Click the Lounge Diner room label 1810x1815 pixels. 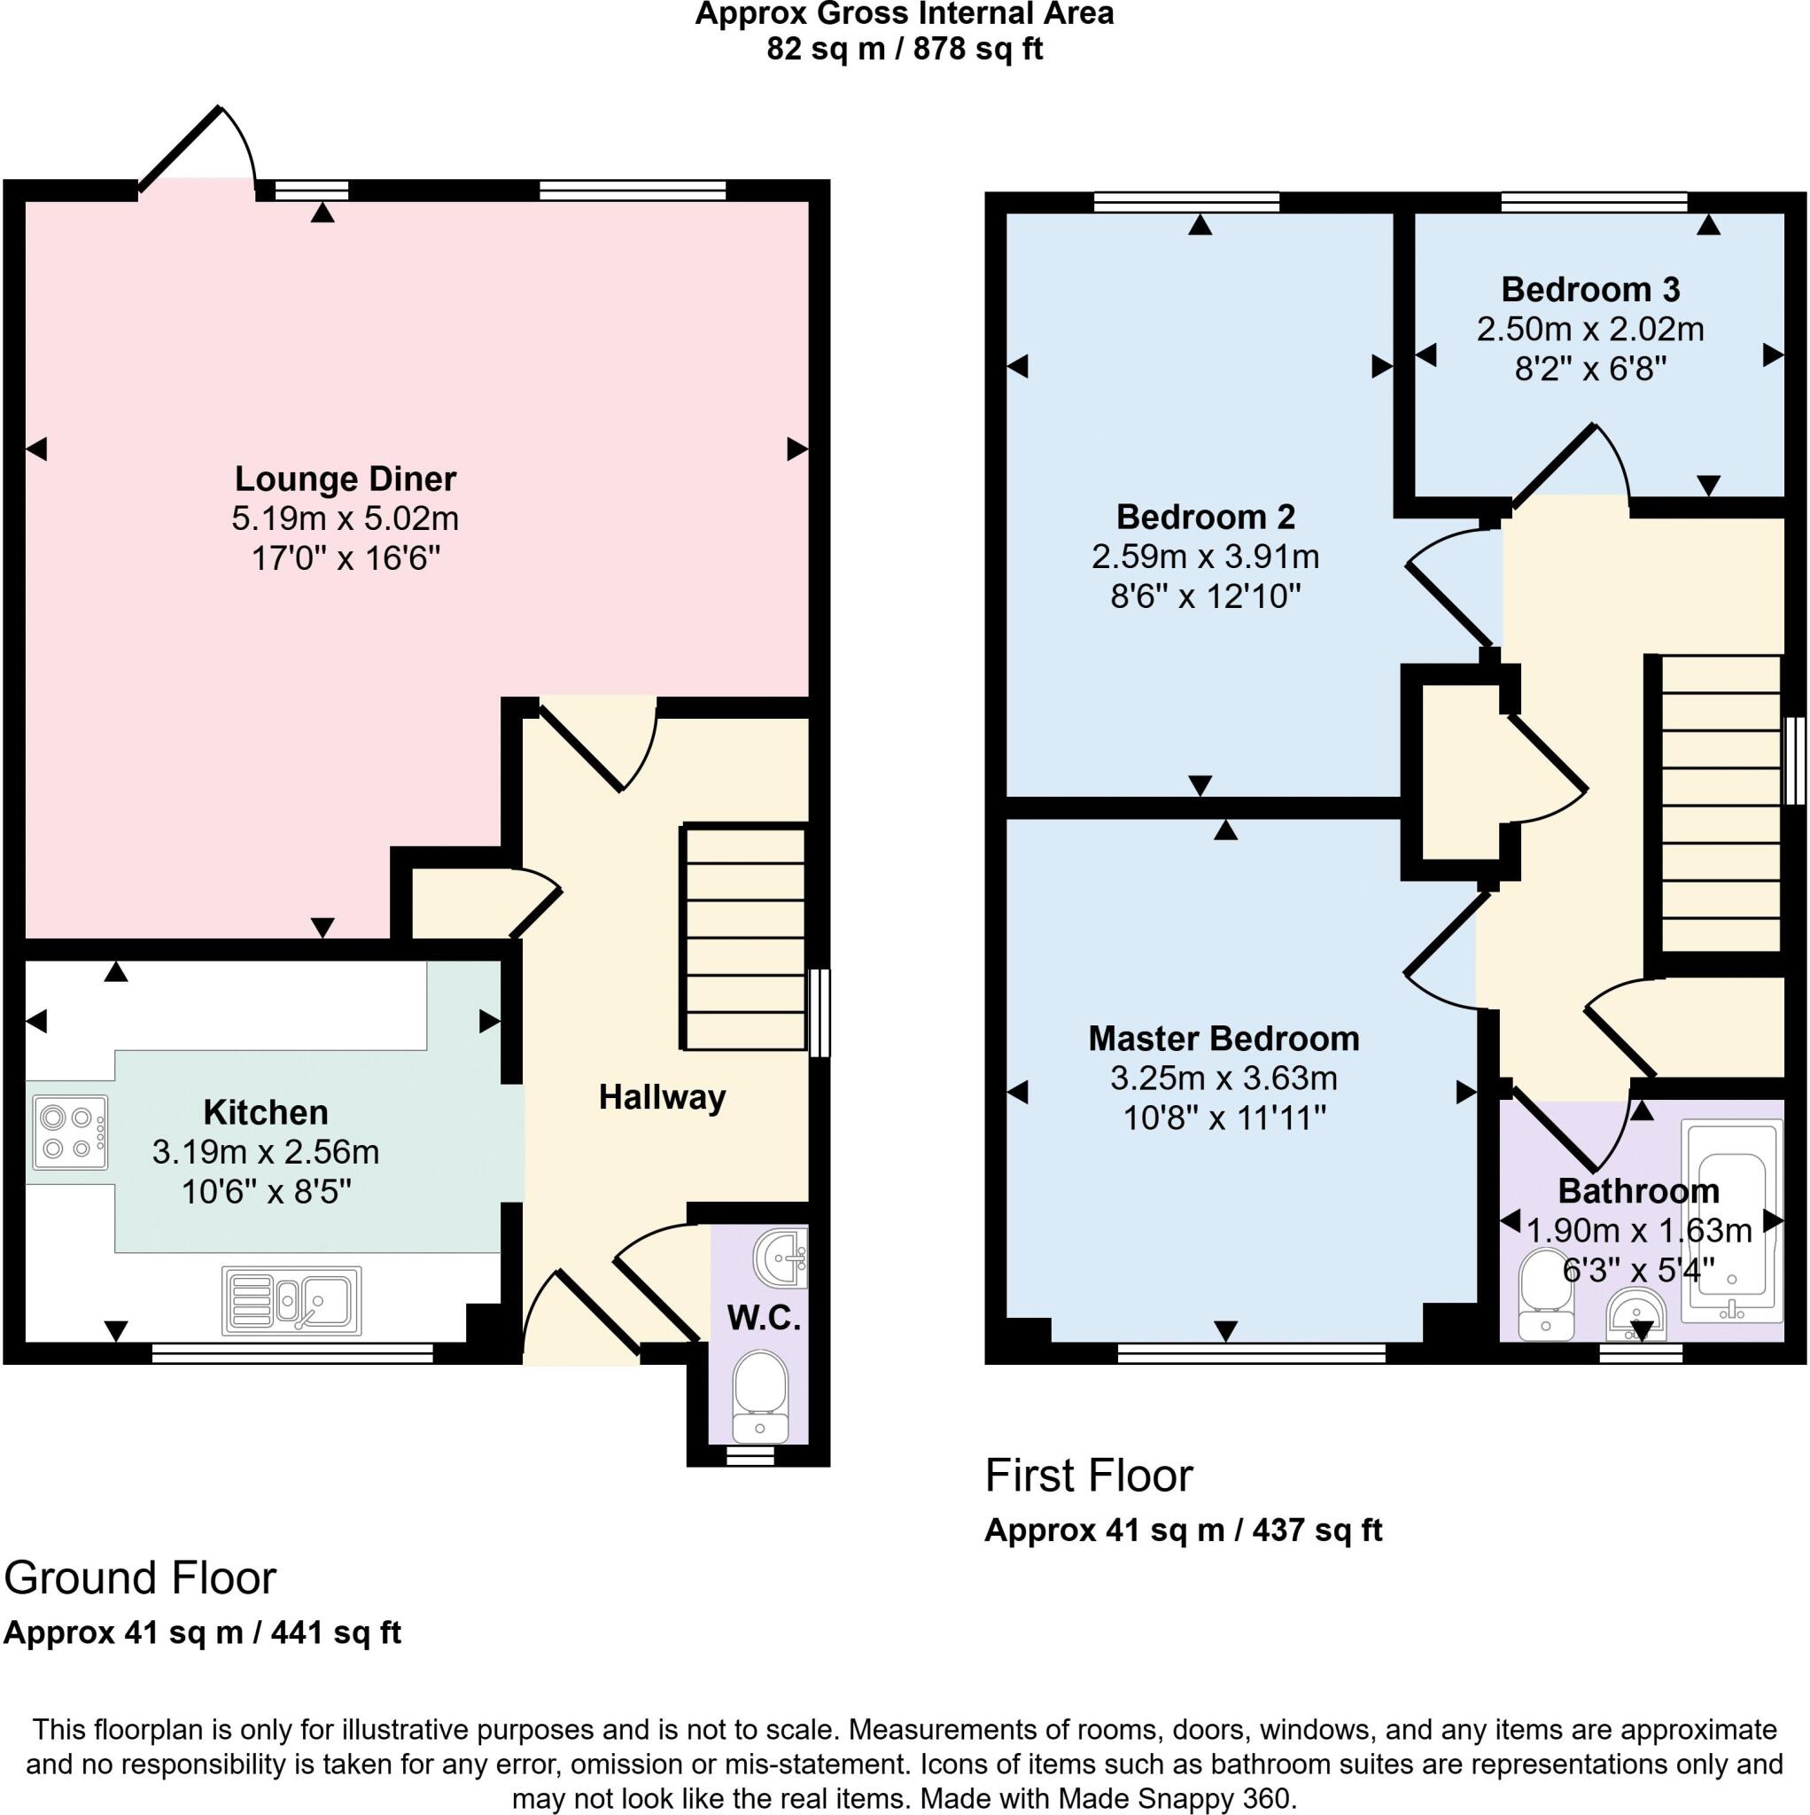[345, 479]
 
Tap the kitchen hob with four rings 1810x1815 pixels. [69, 1132]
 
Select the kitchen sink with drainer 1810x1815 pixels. [291, 1301]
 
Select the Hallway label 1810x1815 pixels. [662, 1097]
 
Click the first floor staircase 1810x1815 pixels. [1720, 804]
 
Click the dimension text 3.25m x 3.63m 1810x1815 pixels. [1223, 1078]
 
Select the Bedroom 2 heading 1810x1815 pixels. [1205, 517]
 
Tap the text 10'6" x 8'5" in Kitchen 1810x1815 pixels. [266, 1192]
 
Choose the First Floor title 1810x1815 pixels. [1088, 1476]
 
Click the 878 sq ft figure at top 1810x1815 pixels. [977, 49]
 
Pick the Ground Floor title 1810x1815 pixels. [140, 1578]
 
